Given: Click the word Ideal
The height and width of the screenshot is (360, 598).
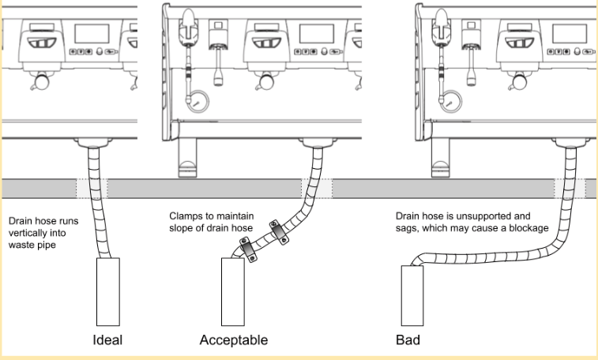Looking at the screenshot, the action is click(107, 339).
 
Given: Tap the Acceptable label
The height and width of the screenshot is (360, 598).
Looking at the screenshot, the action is click(233, 339).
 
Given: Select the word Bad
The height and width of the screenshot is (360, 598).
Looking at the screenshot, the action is click(408, 339).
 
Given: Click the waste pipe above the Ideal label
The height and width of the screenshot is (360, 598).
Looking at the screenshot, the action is click(108, 292).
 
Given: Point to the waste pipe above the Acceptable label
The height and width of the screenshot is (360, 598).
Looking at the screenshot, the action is click(233, 292).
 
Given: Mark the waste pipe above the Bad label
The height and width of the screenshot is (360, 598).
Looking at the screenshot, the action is click(412, 295).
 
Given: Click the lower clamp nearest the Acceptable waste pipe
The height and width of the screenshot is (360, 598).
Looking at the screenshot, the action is click(248, 250).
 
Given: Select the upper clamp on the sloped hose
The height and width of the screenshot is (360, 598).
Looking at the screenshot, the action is click(279, 232).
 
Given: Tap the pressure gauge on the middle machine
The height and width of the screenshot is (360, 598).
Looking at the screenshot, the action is click(198, 101).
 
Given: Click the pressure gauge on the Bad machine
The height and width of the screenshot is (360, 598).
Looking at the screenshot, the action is click(451, 101).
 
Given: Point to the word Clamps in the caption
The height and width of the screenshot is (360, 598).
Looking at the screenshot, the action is click(184, 216).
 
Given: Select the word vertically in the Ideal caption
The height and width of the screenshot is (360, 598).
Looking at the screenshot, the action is click(26, 233).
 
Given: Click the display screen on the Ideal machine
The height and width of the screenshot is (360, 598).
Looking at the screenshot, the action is click(92, 34).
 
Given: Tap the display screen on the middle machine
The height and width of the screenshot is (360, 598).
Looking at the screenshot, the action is click(317, 34).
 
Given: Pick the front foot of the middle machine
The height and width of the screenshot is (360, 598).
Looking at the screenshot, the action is click(188, 158).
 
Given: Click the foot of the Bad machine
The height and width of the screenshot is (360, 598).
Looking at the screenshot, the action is click(441, 158).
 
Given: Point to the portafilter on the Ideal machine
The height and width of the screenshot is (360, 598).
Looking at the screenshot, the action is click(41, 81).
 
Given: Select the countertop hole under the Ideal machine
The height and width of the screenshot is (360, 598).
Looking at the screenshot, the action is click(92, 189).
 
